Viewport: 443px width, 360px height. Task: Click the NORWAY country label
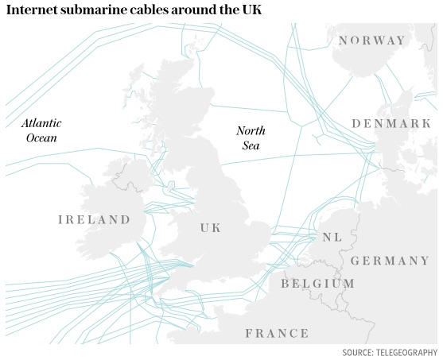pos(371,41)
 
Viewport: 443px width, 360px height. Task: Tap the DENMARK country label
pos(391,124)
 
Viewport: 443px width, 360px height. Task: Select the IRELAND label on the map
pos(94,219)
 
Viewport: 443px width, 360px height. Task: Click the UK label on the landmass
pos(211,228)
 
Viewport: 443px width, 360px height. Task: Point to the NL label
pos(332,238)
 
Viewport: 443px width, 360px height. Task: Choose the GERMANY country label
pos(390,261)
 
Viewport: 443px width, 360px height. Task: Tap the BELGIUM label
pos(317,284)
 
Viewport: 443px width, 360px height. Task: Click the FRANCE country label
pos(277,333)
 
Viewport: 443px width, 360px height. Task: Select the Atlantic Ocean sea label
pos(41,130)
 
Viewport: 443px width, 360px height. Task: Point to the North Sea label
pos(251,138)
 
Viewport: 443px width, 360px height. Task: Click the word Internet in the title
pos(31,11)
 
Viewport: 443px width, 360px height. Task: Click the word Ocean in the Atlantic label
pos(42,137)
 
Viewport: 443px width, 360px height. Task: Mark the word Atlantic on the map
pos(41,123)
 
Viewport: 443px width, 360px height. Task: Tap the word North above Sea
pos(251,131)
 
